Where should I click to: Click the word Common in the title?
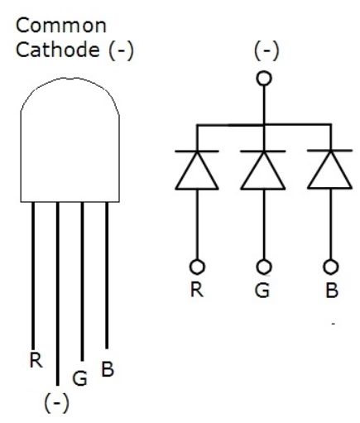pyautogui.click(x=61, y=26)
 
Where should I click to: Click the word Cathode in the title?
pyautogui.click(x=58, y=50)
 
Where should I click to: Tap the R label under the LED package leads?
pyautogui.click(x=36, y=360)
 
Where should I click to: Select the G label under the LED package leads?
pyautogui.click(x=79, y=378)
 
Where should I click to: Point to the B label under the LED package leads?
pyautogui.click(x=108, y=369)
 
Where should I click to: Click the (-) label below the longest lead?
pyautogui.click(x=57, y=403)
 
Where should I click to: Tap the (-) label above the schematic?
pyautogui.click(x=266, y=50)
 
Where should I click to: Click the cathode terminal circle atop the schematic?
pyautogui.click(x=264, y=79)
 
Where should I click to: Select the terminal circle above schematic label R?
pyautogui.click(x=197, y=267)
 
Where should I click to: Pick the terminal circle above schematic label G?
pyautogui.click(x=264, y=267)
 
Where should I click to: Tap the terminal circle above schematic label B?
pyautogui.click(x=331, y=267)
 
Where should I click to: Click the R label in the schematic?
pyautogui.click(x=197, y=290)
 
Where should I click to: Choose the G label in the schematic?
pyautogui.click(x=262, y=291)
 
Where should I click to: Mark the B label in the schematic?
pyautogui.click(x=332, y=291)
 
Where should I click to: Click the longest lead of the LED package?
pyautogui.click(x=58, y=294)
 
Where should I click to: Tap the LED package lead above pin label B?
pyautogui.click(x=107, y=276)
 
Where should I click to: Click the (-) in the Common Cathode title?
pyautogui.click(x=121, y=50)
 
